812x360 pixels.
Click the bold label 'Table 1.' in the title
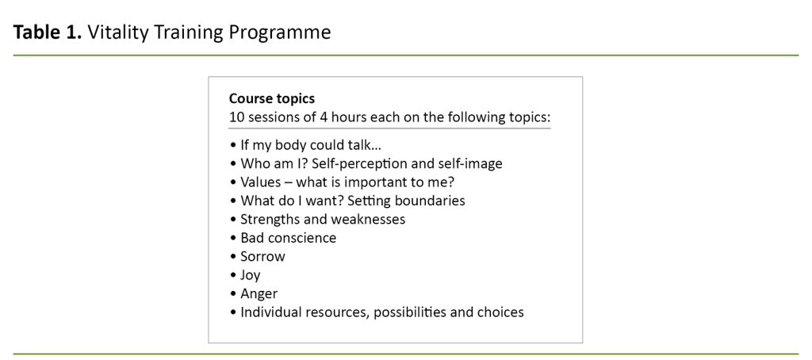point(47,33)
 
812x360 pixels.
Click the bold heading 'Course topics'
point(271,99)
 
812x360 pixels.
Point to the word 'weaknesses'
point(370,219)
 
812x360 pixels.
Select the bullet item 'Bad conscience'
point(288,238)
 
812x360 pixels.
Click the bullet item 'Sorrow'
point(262,256)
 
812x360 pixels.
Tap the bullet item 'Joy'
point(251,275)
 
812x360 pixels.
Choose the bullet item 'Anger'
point(259,293)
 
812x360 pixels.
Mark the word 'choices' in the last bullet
point(500,312)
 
